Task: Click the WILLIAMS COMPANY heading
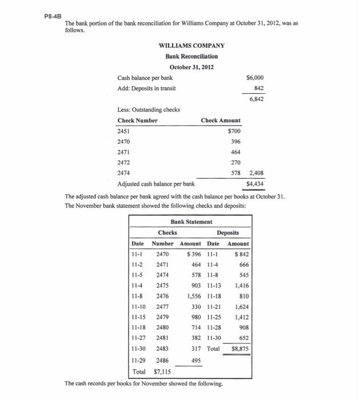[191, 46]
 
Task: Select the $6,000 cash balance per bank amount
[254, 77]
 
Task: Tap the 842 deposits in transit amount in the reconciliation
[258, 88]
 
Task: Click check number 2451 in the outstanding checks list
[124, 131]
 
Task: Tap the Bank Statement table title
[191, 222]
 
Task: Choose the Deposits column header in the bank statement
[228, 233]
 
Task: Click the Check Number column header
[137, 121]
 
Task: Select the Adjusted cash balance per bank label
[155, 183]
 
